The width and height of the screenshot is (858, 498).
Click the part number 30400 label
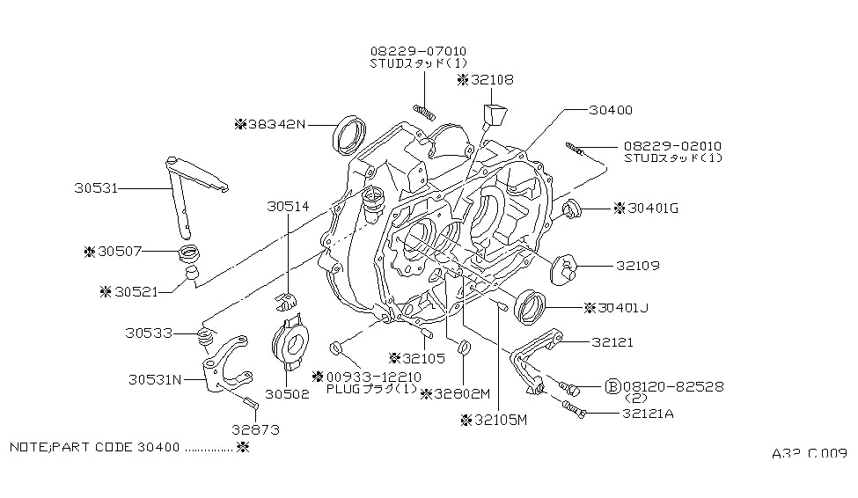612,110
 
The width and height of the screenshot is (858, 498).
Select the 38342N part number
275,124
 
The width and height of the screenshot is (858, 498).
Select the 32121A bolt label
626,414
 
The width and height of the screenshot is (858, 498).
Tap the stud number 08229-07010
418,51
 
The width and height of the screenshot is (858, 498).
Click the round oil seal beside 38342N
350,133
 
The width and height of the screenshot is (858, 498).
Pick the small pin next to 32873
250,402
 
